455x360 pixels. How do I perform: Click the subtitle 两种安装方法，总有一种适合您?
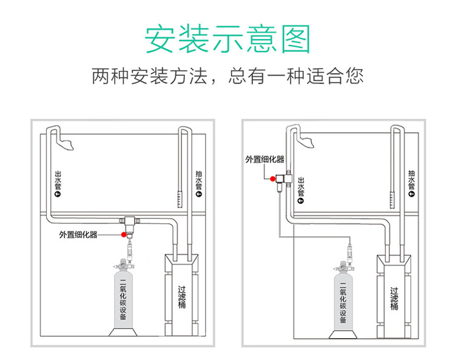tap(227, 76)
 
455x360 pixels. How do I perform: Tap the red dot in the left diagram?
tap(124, 234)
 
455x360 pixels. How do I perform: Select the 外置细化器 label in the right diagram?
tap(265, 159)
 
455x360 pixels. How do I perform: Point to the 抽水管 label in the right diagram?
tap(412, 178)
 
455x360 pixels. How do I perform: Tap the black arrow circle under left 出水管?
tap(58, 195)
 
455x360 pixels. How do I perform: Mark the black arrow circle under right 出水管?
tap(302, 200)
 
